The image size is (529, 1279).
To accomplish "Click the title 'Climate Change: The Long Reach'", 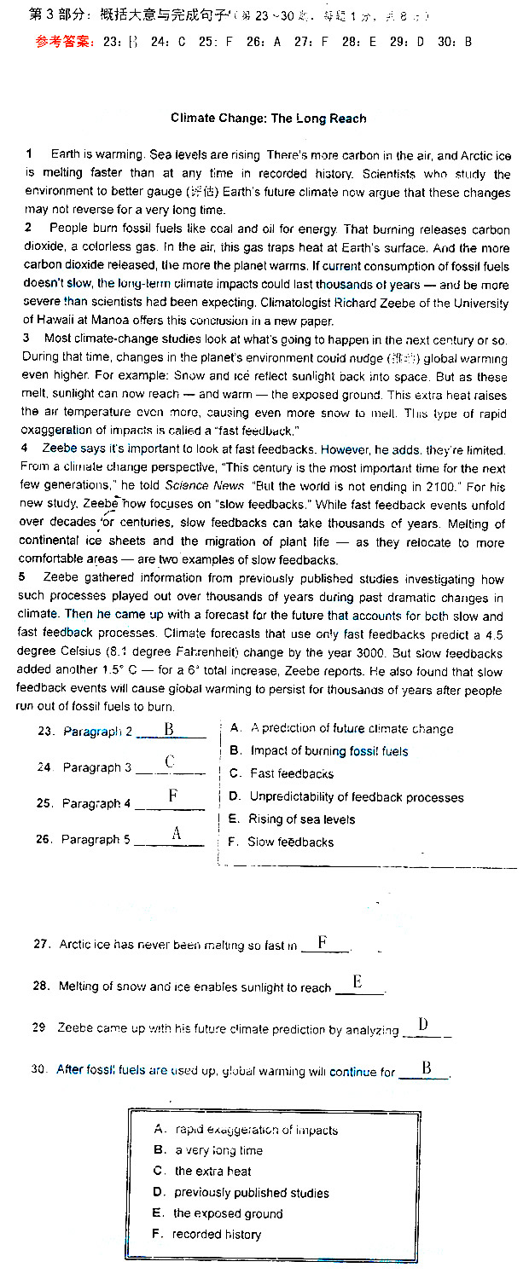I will click(268, 119).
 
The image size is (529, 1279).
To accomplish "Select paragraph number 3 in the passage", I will click(27, 339).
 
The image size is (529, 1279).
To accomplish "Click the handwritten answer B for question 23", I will click(169, 730).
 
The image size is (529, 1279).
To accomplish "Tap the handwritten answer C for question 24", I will click(170, 762).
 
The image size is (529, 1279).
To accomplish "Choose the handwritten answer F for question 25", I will click(172, 796).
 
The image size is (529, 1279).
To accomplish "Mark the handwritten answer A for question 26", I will click(177, 834).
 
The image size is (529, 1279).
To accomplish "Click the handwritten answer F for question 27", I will click(323, 942).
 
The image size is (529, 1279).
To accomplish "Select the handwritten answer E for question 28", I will click(358, 982).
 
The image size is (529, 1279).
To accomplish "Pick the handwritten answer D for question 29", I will click(422, 1025).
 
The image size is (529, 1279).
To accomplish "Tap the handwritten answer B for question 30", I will click(426, 1068).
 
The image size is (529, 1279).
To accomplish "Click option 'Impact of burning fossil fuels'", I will click(328, 751).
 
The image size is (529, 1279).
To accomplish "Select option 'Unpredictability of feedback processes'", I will click(356, 797).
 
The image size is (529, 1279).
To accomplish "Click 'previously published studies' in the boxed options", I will click(252, 1193).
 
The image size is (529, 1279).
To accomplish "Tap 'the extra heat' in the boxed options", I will click(212, 1172).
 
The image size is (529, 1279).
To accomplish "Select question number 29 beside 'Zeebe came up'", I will click(39, 1027).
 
